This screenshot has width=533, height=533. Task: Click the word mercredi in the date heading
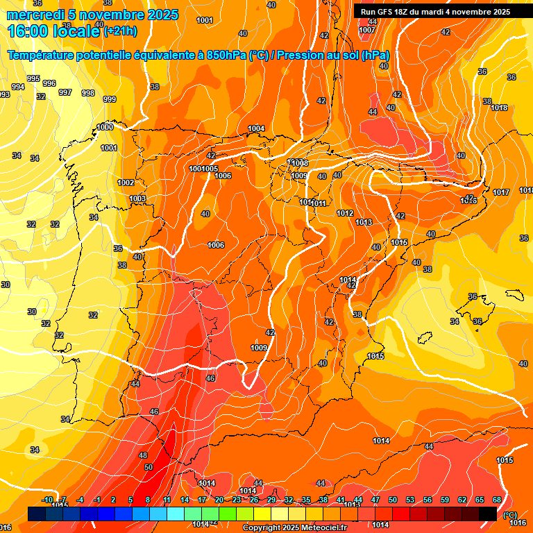point(35,15)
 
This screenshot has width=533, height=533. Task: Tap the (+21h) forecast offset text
point(121,31)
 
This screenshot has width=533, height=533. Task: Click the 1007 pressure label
point(368,30)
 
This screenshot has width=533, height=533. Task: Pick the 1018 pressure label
point(499,108)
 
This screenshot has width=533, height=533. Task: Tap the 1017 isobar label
point(501,192)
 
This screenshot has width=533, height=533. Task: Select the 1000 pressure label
point(105,127)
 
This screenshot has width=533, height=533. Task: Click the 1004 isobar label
point(257,128)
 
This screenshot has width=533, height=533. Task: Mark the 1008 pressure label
point(300,163)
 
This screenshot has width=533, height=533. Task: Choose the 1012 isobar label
point(345,213)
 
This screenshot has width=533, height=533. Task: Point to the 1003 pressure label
point(137,199)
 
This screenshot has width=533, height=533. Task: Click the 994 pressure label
point(17,87)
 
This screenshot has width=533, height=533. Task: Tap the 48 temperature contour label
point(143,455)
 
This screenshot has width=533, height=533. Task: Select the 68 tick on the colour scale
point(497,500)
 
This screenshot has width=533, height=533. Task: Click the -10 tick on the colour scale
point(48,500)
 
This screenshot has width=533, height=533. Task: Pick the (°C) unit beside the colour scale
point(510,514)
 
